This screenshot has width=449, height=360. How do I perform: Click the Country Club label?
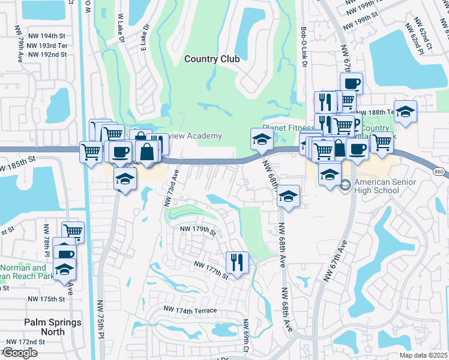[212, 59]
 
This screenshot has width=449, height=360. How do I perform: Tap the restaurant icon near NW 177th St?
[237, 262]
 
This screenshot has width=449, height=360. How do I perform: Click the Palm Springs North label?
[53, 327]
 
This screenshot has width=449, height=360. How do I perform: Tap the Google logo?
[19, 353]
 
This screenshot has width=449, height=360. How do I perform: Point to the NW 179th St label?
[195, 229]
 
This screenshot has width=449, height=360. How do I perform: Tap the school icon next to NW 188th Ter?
[405, 112]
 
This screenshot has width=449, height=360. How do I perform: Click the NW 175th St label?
[46, 299]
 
